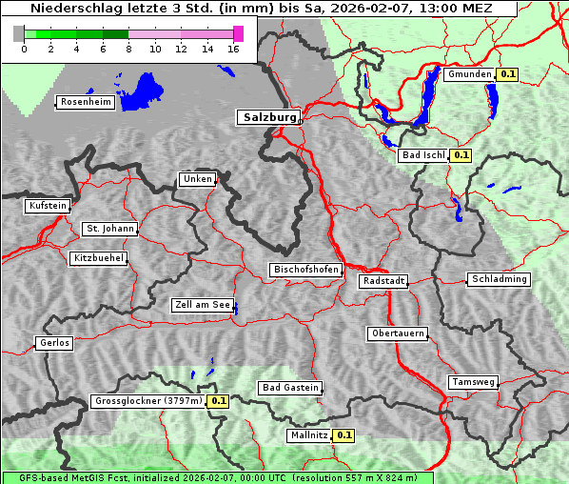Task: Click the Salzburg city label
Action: [267, 117]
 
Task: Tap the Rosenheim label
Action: [85, 102]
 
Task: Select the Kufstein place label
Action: [48, 206]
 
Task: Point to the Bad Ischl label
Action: [422, 155]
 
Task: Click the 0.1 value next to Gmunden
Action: [507, 74]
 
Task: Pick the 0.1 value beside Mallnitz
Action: [343, 435]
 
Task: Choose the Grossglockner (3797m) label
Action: [148, 401]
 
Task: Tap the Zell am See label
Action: [203, 306]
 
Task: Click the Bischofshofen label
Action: [305, 270]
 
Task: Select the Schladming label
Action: [499, 279]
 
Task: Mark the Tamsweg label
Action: [473, 382]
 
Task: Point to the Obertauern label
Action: [398, 333]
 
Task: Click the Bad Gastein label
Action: [290, 388]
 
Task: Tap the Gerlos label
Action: [54, 343]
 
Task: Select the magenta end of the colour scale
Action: [238, 33]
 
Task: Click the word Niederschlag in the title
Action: [69, 8]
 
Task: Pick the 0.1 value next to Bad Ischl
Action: [461, 155]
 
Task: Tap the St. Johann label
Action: [110, 229]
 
